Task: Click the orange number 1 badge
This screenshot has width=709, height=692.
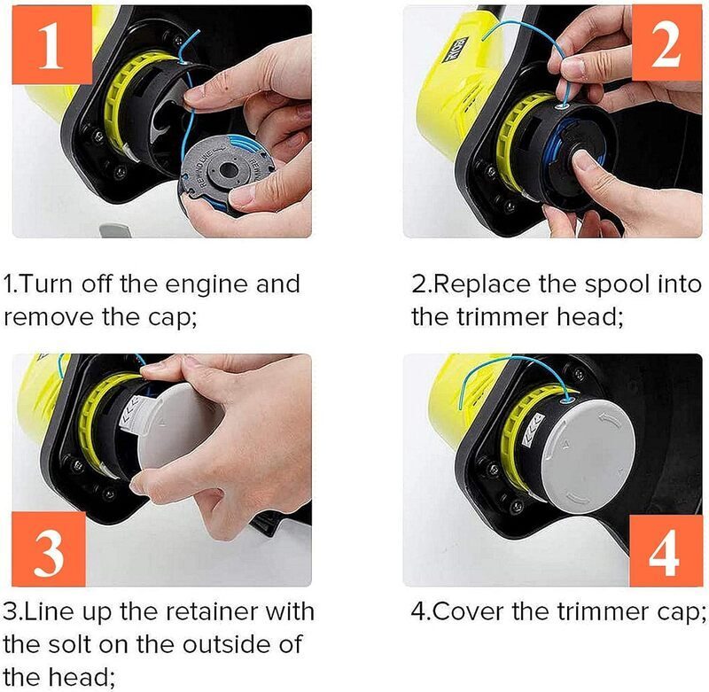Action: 51,44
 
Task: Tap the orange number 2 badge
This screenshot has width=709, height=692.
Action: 666,43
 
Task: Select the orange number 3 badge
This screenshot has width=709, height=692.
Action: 49,549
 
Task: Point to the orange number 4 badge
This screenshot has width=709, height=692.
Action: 666,551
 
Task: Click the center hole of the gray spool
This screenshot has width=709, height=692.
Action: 229,170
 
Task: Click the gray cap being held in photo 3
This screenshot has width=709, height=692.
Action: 179,426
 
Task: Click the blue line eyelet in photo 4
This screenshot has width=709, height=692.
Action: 567,400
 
